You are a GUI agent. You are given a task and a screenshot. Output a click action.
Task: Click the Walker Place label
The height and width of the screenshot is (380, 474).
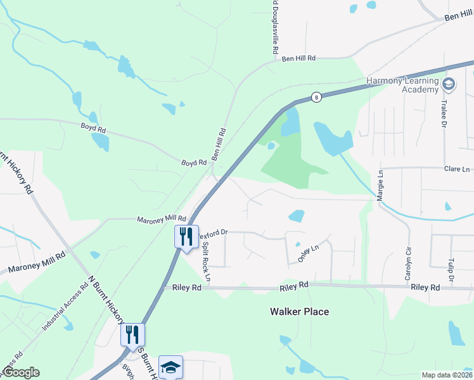click(x=299, y=312)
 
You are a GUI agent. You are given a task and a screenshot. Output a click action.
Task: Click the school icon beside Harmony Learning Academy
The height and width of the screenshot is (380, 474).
click(x=449, y=84)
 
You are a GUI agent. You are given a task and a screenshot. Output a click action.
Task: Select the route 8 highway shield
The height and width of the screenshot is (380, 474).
click(x=316, y=97)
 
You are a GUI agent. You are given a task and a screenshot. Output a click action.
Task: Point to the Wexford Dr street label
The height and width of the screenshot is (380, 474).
click(x=213, y=234)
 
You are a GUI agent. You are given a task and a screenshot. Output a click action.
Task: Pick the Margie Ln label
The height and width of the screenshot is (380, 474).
click(x=381, y=184)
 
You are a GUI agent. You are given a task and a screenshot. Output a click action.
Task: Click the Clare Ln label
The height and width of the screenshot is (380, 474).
click(x=457, y=169)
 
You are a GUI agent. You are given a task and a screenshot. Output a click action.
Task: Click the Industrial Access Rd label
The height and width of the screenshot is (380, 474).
click(x=63, y=308)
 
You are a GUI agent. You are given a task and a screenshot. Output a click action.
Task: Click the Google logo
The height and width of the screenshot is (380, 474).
click(x=20, y=372)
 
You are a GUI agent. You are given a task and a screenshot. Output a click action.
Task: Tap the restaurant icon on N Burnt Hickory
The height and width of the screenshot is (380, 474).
click(x=133, y=334)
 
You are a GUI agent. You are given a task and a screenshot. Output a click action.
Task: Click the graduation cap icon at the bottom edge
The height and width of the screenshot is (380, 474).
click(x=170, y=367)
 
